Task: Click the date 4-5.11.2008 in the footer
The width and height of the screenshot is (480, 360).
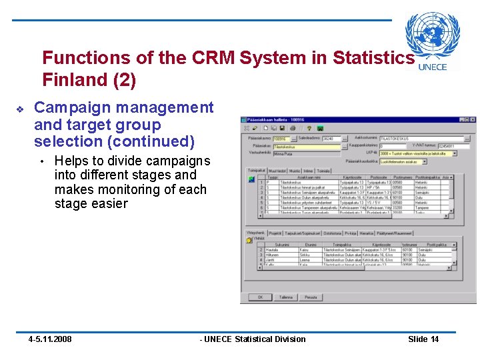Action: click(50, 339)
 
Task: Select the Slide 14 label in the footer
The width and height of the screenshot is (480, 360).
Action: click(423, 339)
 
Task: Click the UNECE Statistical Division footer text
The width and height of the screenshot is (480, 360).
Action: click(253, 339)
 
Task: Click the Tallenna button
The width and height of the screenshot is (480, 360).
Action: click(285, 297)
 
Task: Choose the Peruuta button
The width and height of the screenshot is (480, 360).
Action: click(311, 297)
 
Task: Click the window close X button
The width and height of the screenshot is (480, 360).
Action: click(471, 119)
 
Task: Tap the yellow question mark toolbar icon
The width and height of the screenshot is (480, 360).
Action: click(310, 128)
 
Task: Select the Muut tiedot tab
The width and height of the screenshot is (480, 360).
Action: click(277, 171)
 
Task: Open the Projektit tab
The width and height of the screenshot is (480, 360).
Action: click(275, 233)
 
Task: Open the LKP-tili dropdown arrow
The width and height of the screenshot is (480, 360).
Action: click(455, 153)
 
